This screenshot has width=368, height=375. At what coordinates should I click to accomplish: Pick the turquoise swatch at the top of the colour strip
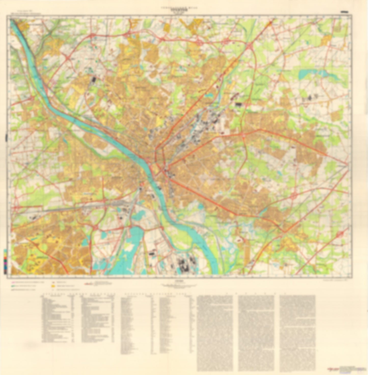(5, 251)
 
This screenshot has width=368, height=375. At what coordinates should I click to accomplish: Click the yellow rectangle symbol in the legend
(53, 286)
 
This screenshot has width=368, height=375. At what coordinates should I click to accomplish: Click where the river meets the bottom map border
(215, 273)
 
